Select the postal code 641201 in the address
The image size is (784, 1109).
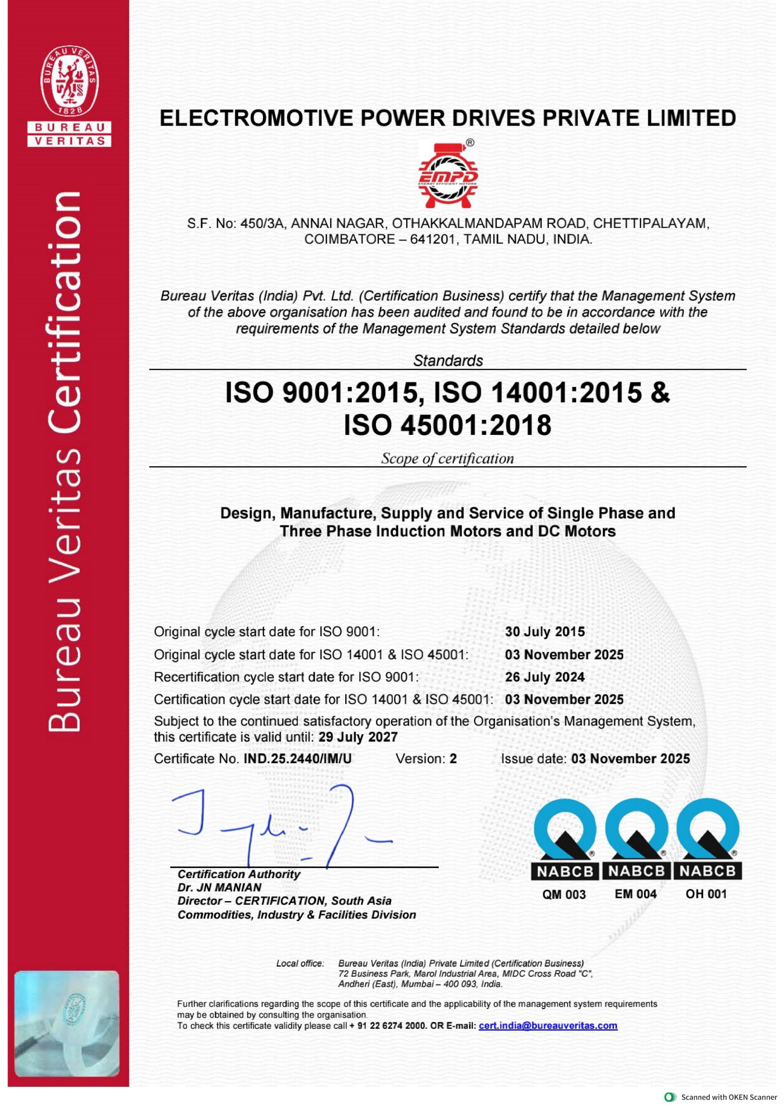[x=433, y=240]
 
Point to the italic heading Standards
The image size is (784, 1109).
[x=448, y=361]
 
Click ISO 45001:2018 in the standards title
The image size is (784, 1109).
[x=448, y=425]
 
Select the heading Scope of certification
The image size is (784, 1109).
[x=448, y=458]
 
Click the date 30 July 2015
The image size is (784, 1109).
[x=545, y=632]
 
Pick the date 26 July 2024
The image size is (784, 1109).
[x=545, y=677]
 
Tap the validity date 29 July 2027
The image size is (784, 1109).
[x=358, y=737]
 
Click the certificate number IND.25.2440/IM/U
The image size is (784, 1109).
[x=298, y=759]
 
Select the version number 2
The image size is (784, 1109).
[x=453, y=759]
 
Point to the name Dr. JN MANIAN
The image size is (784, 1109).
[x=219, y=887]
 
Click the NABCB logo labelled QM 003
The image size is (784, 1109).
[x=564, y=840]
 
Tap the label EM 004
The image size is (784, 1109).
[x=636, y=894]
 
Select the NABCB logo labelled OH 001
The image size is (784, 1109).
[x=707, y=840]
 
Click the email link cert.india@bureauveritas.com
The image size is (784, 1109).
[x=548, y=1025]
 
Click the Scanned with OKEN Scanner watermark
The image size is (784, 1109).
[x=722, y=1097]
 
